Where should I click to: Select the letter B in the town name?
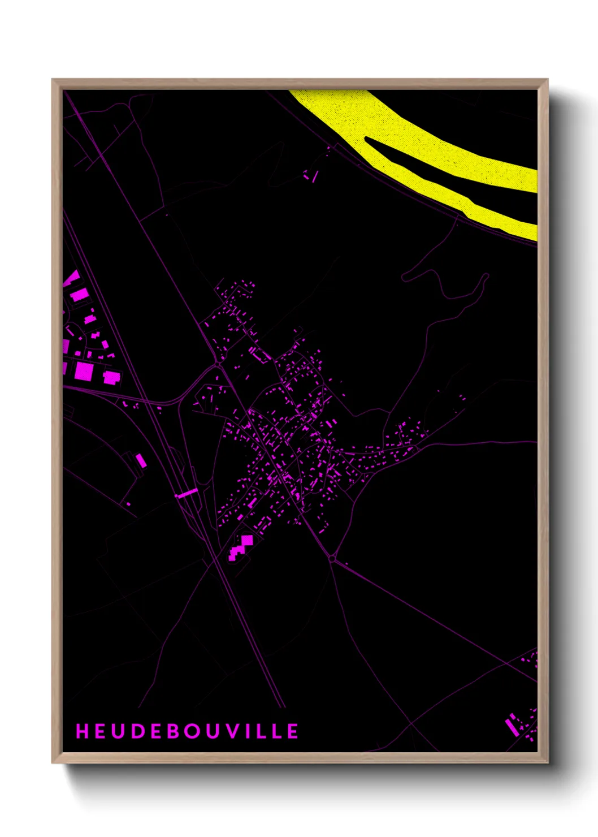pyautogui.click(x=172, y=731)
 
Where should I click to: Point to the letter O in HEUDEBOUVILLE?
pyautogui.click(x=192, y=731)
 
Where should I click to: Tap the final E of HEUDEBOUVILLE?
pyautogui.click(x=293, y=731)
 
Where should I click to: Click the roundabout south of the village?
pyautogui.click(x=332, y=558)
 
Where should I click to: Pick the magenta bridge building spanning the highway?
pyautogui.click(x=187, y=493)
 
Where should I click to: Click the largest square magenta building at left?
pyautogui.click(x=84, y=371)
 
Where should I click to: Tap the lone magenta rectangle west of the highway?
pyautogui.click(x=140, y=460)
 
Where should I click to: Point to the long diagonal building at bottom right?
pyautogui.click(x=512, y=725)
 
